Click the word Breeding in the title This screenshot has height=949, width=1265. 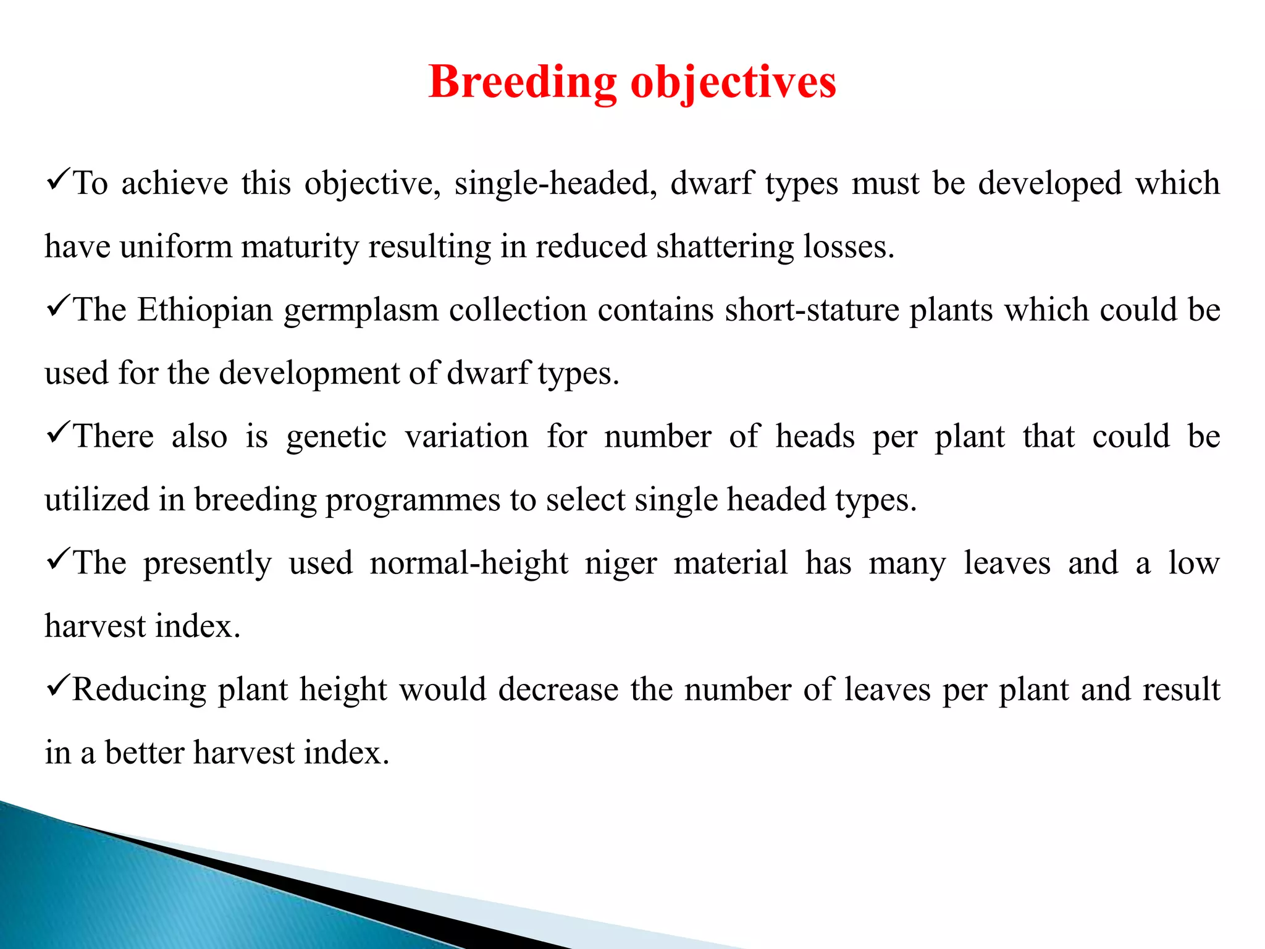[x=523, y=82]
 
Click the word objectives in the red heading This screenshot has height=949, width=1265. [x=733, y=82]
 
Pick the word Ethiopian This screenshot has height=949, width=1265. [x=204, y=310]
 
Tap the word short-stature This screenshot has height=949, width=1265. [x=812, y=310]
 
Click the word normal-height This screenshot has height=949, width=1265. [x=468, y=563]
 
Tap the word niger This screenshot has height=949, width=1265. [x=620, y=563]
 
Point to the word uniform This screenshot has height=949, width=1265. [x=176, y=247]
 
